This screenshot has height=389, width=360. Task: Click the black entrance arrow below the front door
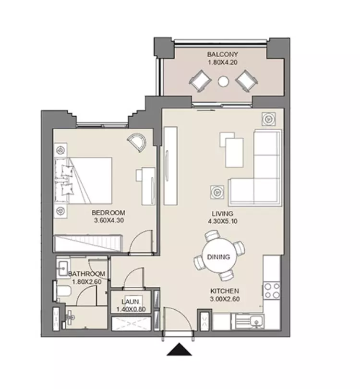coord(179,350)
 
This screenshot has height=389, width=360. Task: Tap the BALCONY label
coord(222,54)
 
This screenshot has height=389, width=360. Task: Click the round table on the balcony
coord(223,81)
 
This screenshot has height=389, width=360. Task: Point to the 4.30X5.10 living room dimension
coord(222,221)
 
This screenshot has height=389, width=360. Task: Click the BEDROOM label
coord(108,213)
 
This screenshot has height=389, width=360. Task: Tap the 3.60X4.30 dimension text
coord(109,220)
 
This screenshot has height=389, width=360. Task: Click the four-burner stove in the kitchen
coord(272,291)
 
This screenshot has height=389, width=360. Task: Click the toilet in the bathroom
coord(63,291)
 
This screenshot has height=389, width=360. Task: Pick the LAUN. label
coord(131,302)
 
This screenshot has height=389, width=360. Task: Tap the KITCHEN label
coord(225,291)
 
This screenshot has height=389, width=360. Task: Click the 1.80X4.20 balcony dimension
coord(222,62)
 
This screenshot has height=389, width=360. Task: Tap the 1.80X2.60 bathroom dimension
coord(86,282)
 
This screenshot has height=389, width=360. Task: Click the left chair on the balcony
coord(200,81)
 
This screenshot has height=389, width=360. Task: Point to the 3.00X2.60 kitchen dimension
coord(225,299)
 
